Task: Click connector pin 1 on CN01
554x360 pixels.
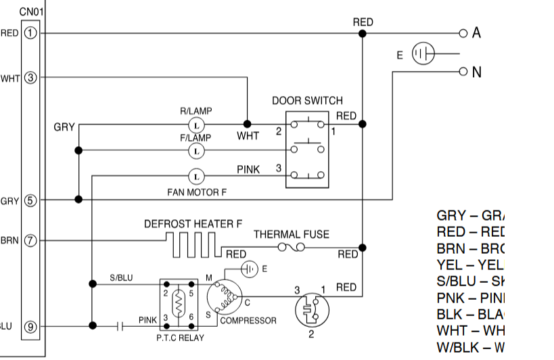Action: click(30, 32)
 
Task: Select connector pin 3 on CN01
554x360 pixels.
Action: click(30, 78)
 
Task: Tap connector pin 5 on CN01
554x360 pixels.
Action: click(30, 200)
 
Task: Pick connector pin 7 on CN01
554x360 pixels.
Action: click(30, 240)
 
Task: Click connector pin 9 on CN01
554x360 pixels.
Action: click(30, 326)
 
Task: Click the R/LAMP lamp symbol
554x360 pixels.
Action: click(195, 125)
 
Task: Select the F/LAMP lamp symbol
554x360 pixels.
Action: click(195, 150)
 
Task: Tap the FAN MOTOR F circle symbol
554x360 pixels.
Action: click(195, 176)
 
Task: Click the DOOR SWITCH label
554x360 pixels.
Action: click(307, 101)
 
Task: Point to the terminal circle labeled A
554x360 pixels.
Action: click(463, 32)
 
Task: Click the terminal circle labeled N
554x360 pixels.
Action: click(463, 70)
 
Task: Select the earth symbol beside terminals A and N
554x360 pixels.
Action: click(423, 54)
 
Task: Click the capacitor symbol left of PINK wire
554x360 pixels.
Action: click(120, 326)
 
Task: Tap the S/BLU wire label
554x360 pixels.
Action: click(121, 277)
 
